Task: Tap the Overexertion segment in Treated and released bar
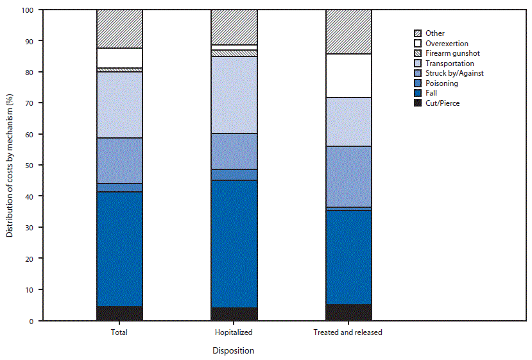[348, 76]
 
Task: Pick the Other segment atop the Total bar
[119, 29]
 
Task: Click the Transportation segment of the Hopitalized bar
[234, 95]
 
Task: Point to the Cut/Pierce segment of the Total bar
[119, 313]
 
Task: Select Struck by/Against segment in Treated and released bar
[348, 176]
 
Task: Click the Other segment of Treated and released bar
[348, 32]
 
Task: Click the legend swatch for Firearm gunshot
[417, 53]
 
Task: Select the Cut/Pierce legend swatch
[417, 103]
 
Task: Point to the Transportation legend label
[449, 64]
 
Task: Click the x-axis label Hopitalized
[234, 333]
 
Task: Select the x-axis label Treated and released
[348, 333]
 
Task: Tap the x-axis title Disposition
[234, 351]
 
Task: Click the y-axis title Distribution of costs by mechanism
[10, 166]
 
